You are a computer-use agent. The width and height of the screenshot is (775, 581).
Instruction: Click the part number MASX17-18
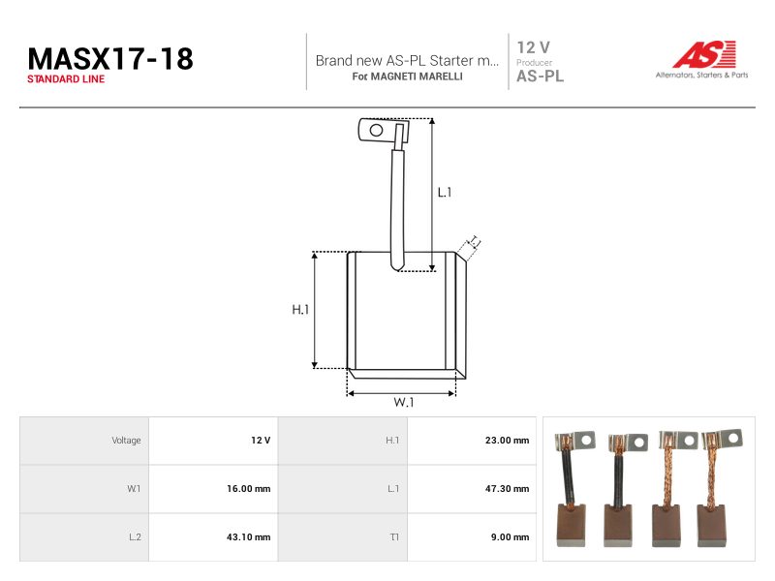pos(110,59)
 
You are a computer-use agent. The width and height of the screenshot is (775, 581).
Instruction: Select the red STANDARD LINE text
pos(66,79)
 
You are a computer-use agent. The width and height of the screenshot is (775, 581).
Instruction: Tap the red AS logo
pos(704,54)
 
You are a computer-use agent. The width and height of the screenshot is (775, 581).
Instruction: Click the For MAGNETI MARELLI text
pos(407,76)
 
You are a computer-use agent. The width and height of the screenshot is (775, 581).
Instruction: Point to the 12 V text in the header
pos(533,47)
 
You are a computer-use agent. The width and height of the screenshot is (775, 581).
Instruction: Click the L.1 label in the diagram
pos(445,192)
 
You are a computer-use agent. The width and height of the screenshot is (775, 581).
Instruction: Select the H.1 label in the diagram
pos(300,310)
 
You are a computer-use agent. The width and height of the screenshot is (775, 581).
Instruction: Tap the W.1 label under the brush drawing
pos(403,402)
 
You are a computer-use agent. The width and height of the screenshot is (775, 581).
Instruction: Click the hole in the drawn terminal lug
pos(376,130)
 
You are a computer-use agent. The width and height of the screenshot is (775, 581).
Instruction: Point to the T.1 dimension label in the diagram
pos(475,241)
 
